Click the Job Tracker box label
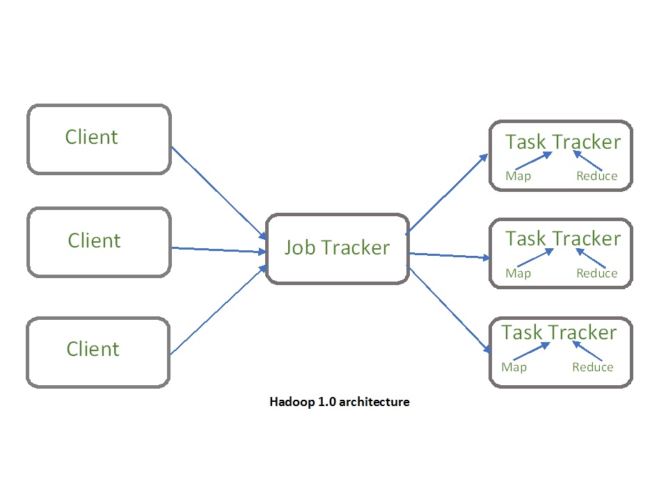click(x=337, y=248)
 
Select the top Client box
click(x=98, y=138)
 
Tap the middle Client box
click(x=98, y=241)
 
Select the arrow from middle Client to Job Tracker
click(x=217, y=250)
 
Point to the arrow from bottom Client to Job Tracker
click(x=217, y=310)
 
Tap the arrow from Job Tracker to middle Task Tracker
click(x=449, y=256)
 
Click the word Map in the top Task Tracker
click(x=518, y=176)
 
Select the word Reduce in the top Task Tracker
click(x=596, y=176)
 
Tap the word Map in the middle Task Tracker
click(x=518, y=273)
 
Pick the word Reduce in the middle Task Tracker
click(x=596, y=273)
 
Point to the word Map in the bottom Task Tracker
click(x=514, y=367)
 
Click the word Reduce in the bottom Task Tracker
click(x=592, y=367)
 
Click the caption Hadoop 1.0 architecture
click(x=339, y=402)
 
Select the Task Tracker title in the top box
click(x=562, y=142)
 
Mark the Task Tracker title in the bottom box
click(x=559, y=332)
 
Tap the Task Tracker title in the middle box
click(x=562, y=238)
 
